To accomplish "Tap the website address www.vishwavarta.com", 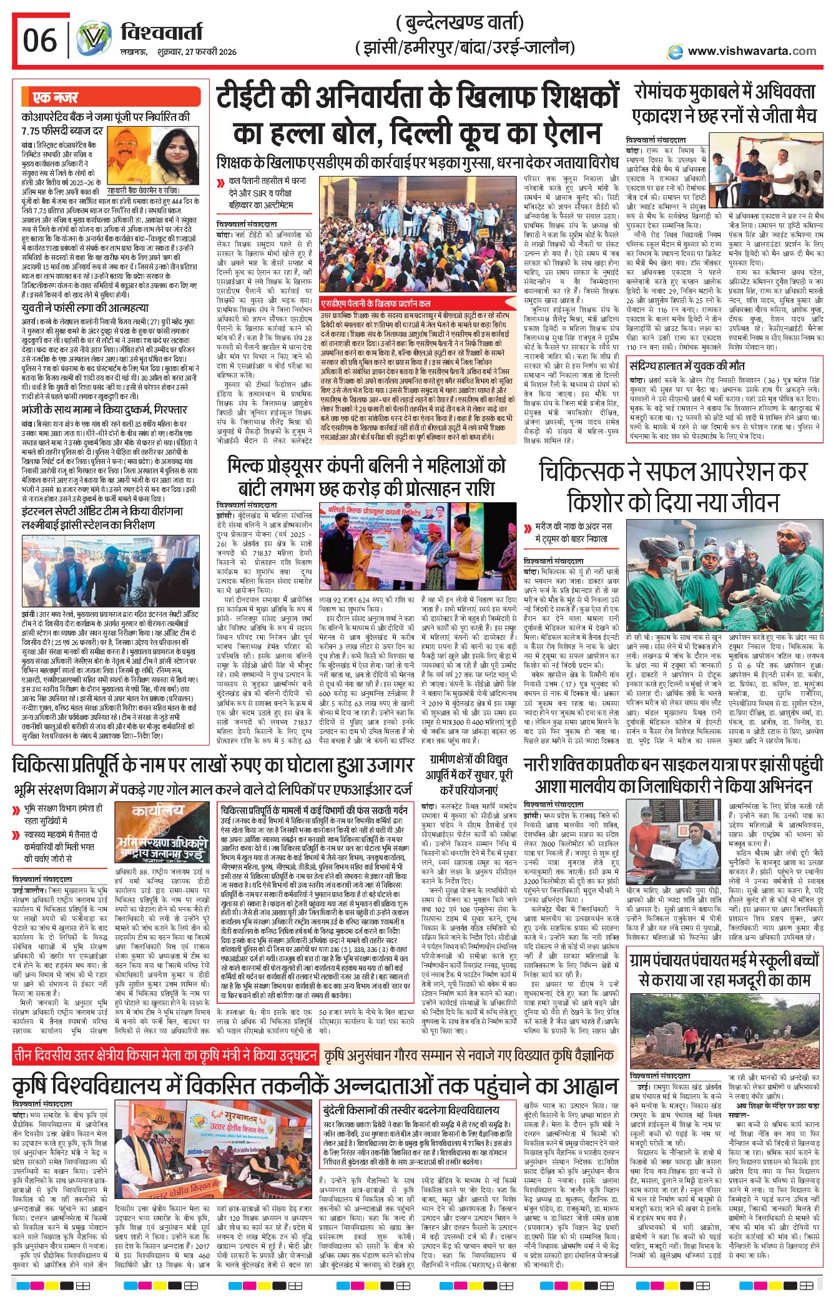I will [752, 51].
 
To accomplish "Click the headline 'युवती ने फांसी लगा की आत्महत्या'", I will [85, 308].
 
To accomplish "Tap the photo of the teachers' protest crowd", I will [418, 236].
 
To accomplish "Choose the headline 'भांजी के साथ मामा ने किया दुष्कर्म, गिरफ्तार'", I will [104, 410].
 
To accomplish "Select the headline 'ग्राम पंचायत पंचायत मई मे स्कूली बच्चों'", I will [724, 959].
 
